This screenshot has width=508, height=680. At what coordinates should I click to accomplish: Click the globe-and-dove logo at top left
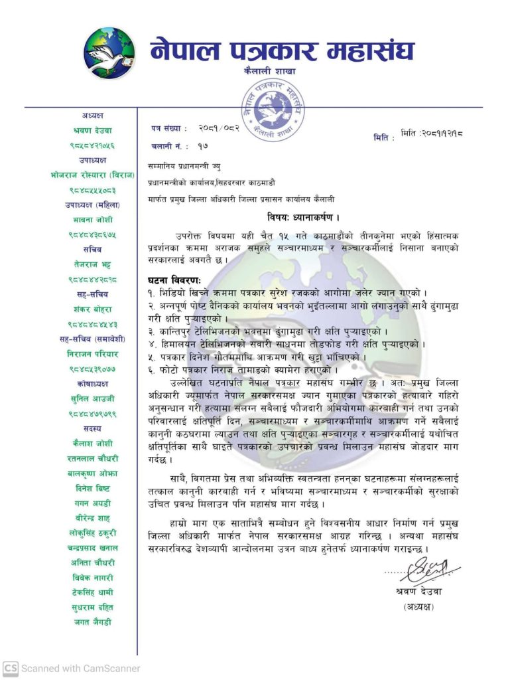point(109,54)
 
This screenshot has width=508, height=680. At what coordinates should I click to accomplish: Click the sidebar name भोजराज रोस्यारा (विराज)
point(92,175)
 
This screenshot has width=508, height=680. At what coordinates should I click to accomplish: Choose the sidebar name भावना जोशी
point(93,219)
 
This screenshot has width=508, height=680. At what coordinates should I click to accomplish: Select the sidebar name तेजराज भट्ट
point(93,264)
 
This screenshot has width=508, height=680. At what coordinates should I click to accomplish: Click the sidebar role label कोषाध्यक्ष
point(92,384)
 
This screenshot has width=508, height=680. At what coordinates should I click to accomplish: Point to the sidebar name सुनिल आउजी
point(93,399)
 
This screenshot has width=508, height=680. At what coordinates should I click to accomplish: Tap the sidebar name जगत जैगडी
point(93,622)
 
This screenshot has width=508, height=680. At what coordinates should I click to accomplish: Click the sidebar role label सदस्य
point(93,429)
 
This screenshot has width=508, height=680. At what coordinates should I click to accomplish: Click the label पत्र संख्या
point(169,128)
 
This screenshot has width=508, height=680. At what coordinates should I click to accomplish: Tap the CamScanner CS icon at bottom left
point(10,668)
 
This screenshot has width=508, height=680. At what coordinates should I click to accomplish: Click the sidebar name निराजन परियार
point(93,354)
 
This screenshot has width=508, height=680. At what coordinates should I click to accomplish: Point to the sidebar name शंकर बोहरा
point(93,309)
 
